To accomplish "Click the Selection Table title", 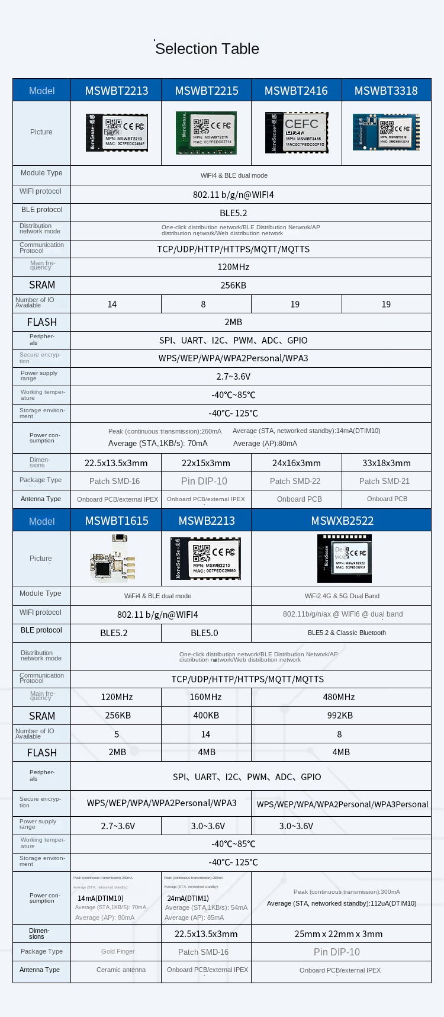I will pos(207,49).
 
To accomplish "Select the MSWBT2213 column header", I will pos(117,91).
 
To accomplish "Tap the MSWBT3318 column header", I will pos(386,91).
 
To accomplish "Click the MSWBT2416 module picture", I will pos(297,132).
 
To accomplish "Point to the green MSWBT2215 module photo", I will pos(206,133).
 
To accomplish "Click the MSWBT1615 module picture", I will pos(115,558).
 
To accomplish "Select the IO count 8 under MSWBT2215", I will pos(203,304).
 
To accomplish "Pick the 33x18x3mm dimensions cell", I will pos(386,463).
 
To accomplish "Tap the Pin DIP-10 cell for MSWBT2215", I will pos(204,481).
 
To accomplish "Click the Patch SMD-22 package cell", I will pos(295,481).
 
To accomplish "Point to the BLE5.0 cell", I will pos(204,633).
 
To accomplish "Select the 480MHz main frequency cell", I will pos(339,697).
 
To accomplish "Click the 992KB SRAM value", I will pos(340,716).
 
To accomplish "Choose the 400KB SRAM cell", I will pos(206,716).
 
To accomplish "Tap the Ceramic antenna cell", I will pos(121,970).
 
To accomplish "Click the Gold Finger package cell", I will pos(118,951).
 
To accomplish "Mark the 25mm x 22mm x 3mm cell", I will pos(339,934).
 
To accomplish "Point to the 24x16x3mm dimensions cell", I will pos(297,463).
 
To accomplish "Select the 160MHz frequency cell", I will pos(205,697).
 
